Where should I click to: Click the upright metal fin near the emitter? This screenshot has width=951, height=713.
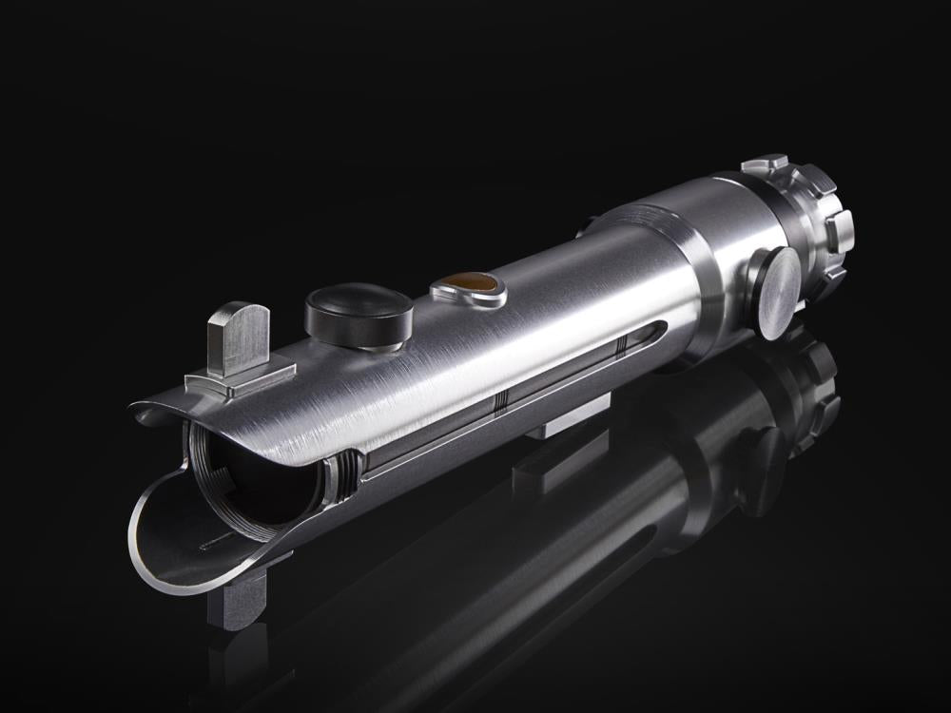(239, 337)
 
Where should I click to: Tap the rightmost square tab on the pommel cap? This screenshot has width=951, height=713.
(840, 232)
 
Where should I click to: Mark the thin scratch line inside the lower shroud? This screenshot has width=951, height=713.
(221, 540)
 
